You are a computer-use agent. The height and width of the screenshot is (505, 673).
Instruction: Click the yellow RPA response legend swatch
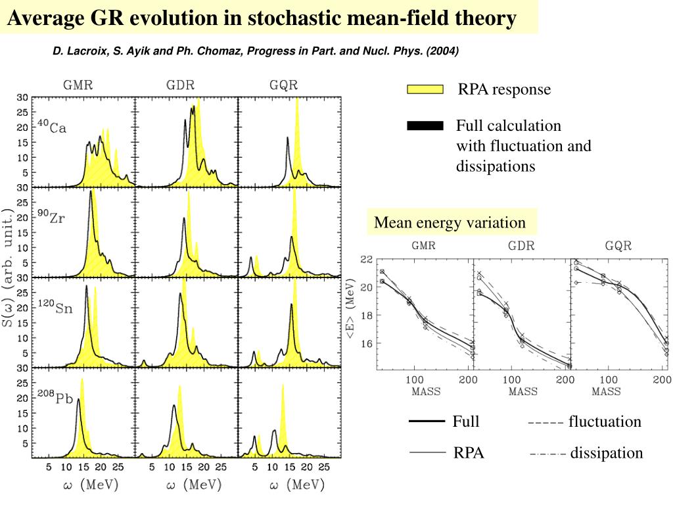(425, 90)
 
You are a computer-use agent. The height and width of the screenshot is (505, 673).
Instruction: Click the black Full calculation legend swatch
(425, 126)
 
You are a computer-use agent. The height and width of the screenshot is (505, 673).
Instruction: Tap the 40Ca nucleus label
(51, 126)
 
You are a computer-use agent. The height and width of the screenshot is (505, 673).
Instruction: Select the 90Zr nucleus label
(51, 217)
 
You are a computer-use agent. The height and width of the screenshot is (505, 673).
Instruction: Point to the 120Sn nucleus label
(54, 307)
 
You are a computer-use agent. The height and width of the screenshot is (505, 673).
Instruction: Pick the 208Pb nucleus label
(54, 397)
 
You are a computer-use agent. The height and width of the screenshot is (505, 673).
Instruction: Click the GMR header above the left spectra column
(78, 85)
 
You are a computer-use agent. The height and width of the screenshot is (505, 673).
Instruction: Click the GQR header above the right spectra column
(283, 85)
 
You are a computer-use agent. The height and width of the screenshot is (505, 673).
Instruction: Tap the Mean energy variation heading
(450, 222)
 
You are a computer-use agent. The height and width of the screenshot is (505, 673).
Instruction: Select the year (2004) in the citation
(442, 51)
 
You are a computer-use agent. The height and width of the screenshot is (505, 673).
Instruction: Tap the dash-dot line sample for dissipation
(547, 453)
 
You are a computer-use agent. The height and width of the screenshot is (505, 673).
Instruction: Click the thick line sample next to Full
(427, 422)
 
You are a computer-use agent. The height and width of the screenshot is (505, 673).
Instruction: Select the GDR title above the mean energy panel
(521, 247)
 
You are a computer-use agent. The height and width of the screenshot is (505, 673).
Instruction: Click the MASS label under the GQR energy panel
(606, 391)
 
